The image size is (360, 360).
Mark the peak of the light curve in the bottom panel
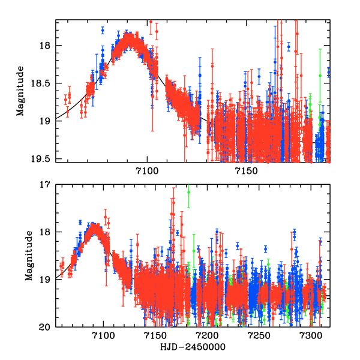tap(94, 228)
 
